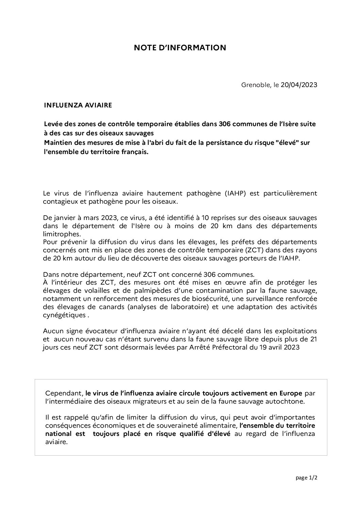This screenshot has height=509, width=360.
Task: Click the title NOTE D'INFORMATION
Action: (x=180, y=48)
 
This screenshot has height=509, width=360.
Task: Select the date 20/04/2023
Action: (x=299, y=85)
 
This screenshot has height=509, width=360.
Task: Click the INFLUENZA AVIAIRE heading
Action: (x=78, y=105)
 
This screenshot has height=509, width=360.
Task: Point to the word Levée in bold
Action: (x=53, y=124)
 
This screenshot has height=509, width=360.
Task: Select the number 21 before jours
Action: (x=313, y=339)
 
